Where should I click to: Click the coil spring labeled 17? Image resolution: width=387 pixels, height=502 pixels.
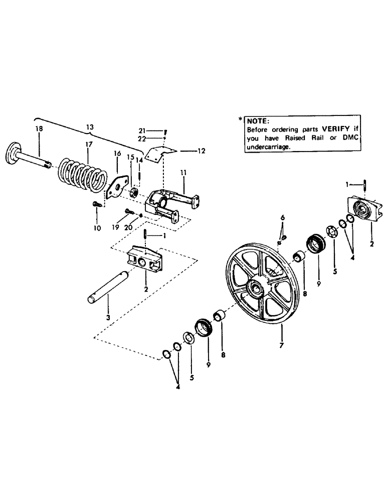(x=83, y=174)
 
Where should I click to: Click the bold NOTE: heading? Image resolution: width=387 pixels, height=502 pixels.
(x=258, y=121)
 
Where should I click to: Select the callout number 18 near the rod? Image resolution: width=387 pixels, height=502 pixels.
(x=39, y=129)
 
